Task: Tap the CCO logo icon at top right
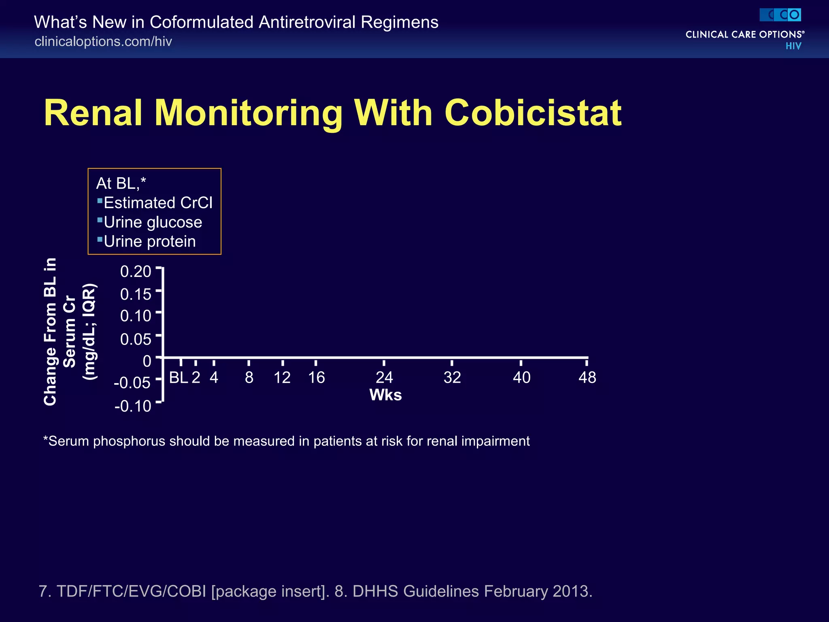780,15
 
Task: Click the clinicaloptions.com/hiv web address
103,41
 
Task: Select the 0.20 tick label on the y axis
136,271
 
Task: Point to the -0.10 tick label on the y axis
133,406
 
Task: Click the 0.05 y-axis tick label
136,339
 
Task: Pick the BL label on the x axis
178,377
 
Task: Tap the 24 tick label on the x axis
384,377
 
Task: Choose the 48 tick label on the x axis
587,377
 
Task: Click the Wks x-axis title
385,395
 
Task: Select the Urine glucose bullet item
153,222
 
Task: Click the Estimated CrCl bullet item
158,202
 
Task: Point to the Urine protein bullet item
149,241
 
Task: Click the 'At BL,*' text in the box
121,183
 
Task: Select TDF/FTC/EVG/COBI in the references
131,591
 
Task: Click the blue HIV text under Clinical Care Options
793,46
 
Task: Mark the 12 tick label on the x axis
282,377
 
